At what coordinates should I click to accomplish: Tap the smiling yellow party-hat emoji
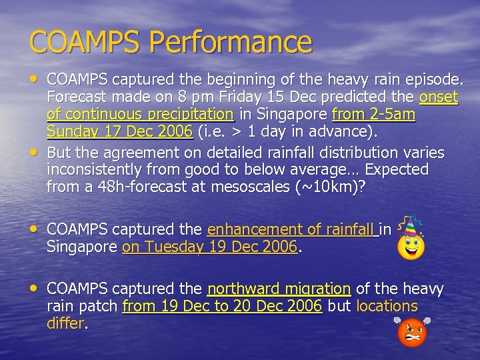coord(411,240)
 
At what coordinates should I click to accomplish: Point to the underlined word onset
coord(439,97)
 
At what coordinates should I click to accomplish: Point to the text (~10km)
coord(327,187)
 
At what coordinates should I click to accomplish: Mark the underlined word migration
coord(318,290)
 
